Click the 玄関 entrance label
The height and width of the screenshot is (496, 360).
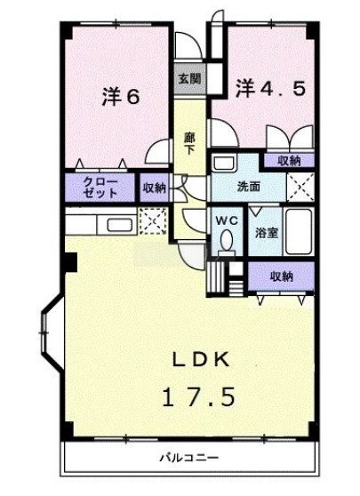[190, 78]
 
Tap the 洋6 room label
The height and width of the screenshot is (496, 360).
[121, 97]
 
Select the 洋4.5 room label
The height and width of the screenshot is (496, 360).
[270, 89]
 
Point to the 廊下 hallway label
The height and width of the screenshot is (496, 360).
[190, 143]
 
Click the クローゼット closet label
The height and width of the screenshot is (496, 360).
[100, 188]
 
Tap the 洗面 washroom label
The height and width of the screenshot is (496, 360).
[249, 187]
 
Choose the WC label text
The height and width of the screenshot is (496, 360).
[227, 220]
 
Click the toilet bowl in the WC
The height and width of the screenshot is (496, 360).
[227, 243]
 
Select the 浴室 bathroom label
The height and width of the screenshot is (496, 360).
[267, 233]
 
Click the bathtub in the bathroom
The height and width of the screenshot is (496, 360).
[299, 231]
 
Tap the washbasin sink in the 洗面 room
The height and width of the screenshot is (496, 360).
[223, 163]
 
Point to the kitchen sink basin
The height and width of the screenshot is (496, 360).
[120, 225]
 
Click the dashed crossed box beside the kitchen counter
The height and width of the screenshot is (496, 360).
[153, 220]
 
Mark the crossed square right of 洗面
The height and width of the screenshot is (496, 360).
[300, 187]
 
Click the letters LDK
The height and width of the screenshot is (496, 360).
[200, 360]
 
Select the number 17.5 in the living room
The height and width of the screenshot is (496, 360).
[199, 396]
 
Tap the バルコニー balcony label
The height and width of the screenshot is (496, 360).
[189, 458]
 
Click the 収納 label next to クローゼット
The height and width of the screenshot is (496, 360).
[154, 188]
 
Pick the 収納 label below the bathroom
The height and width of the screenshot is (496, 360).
[282, 276]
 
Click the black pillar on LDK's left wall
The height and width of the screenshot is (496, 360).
[69, 262]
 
